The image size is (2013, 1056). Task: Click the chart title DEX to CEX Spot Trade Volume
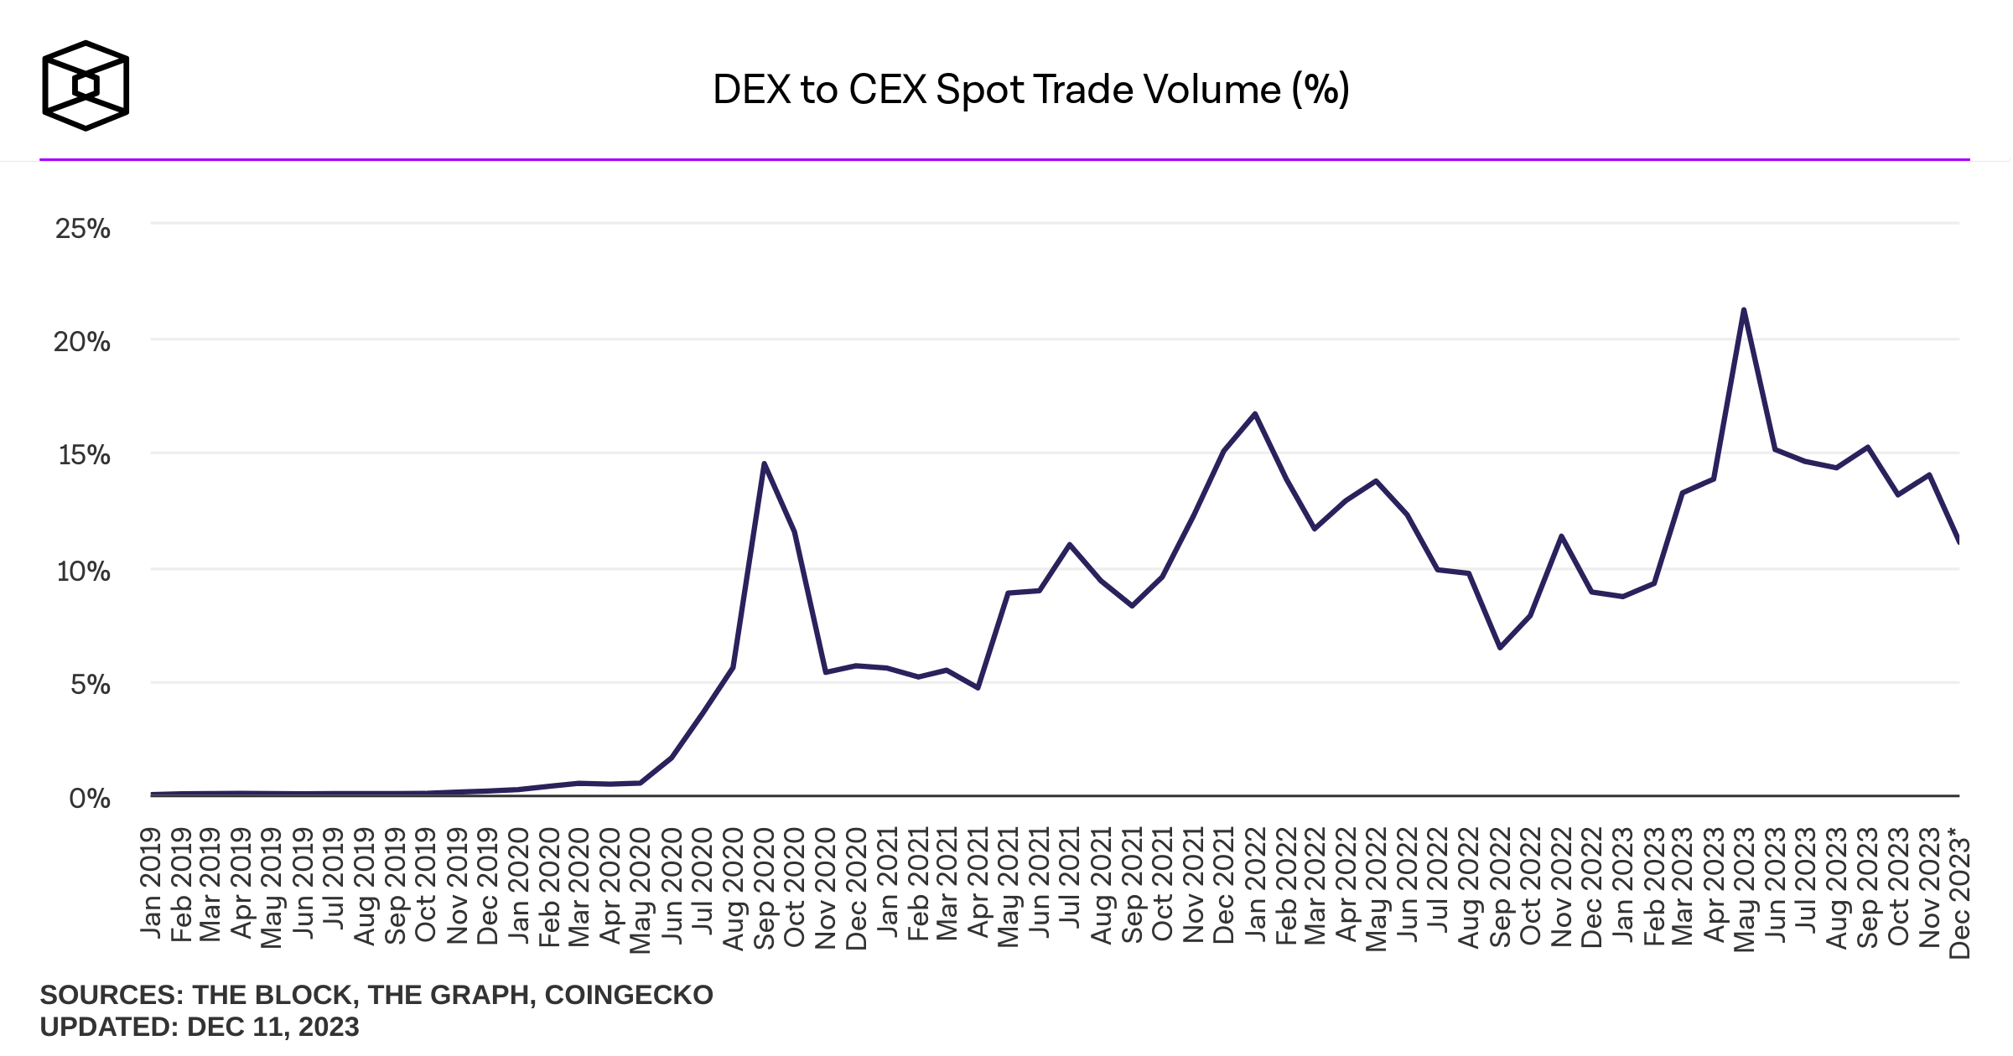tap(1030, 90)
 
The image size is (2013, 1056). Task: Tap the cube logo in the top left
tap(86, 85)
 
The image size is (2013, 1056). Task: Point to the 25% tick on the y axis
tap(82, 229)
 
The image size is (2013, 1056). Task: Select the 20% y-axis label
tap(82, 342)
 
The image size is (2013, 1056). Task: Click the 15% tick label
tap(84, 455)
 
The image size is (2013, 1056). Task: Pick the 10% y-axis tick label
tap(83, 572)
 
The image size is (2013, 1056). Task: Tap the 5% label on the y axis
tap(90, 685)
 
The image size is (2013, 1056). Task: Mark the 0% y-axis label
tap(89, 798)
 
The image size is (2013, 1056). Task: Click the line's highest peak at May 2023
tap(1744, 310)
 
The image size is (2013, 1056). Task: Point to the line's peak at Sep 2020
tap(764, 463)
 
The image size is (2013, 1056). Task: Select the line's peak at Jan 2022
tap(1254, 414)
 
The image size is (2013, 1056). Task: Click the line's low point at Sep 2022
tap(1500, 647)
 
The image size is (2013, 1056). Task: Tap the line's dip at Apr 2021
tap(978, 687)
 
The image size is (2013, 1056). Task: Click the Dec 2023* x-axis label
tap(1959, 892)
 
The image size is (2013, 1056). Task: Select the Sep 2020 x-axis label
tap(764, 888)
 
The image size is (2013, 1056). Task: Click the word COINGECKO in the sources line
tap(629, 995)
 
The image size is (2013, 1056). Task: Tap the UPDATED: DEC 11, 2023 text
tap(200, 1027)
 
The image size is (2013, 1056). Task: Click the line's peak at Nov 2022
tap(1561, 536)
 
